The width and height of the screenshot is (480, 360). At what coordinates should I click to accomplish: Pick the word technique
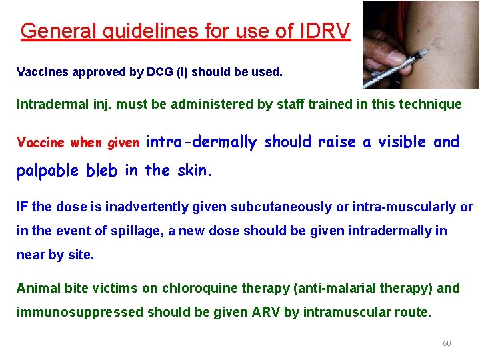click(430, 104)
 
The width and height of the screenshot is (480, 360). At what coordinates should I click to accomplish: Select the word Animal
click(38, 288)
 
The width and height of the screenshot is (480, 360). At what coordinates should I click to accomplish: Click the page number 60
click(447, 343)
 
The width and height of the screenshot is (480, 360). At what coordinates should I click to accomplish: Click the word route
click(413, 312)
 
